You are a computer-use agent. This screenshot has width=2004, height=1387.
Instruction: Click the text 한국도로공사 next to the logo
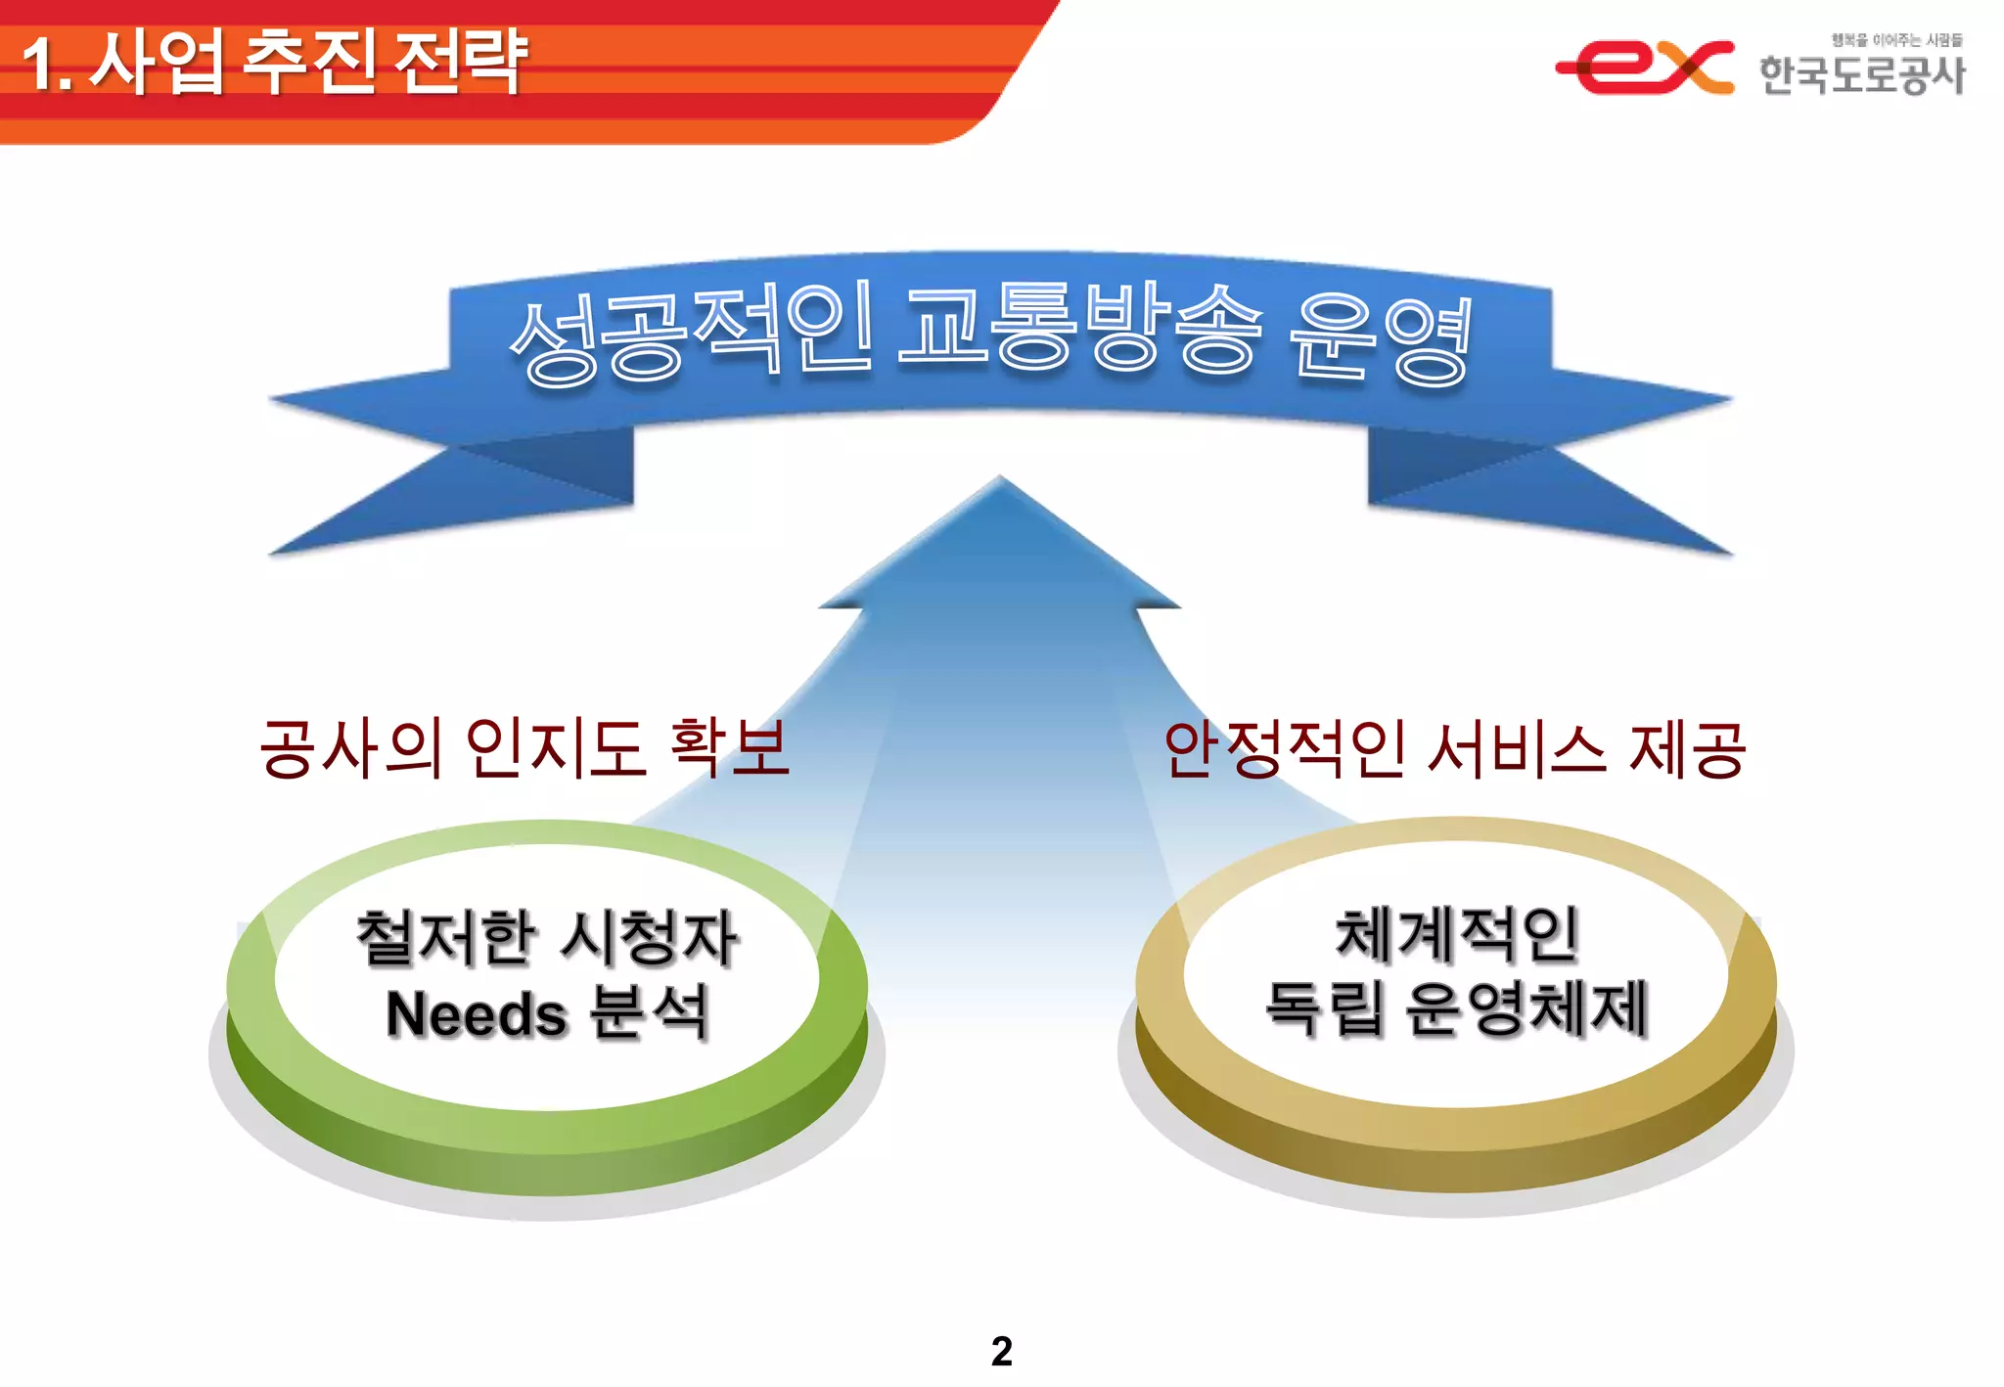1861,75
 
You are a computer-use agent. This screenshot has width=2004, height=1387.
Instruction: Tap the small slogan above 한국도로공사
1896,40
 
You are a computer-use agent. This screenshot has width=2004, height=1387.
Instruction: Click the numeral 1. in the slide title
47,65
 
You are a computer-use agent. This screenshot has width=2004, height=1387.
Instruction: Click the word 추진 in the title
307,62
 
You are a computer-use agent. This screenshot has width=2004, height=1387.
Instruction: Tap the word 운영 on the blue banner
1380,337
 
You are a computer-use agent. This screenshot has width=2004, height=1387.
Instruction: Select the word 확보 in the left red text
729,748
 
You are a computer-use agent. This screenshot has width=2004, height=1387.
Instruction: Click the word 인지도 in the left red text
554,748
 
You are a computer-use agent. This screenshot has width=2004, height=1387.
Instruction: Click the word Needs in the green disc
477,1014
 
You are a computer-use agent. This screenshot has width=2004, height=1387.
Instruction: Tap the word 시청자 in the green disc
649,938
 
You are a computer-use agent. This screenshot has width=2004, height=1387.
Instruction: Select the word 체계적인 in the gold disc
1457,934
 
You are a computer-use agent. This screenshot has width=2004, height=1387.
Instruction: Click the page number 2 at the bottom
1001,1352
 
